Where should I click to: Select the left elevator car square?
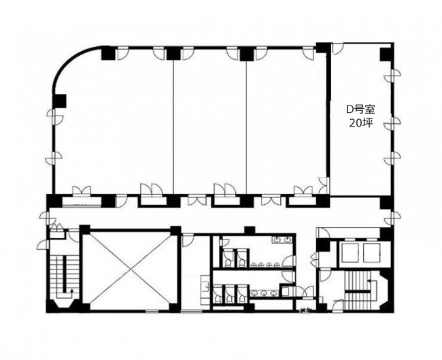click(350, 252)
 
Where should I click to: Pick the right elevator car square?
click(371, 252)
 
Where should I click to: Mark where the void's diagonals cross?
click(131, 271)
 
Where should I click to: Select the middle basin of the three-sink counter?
click(264, 293)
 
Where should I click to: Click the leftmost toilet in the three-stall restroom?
click(217, 298)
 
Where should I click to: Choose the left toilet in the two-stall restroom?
click(228, 263)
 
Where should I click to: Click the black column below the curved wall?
click(59, 101)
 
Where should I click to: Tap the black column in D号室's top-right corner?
click(386, 54)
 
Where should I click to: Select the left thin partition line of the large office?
click(173, 127)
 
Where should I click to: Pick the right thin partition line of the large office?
click(246, 127)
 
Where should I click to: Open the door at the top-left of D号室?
click(337, 48)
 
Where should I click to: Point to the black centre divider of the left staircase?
click(64, 274)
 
